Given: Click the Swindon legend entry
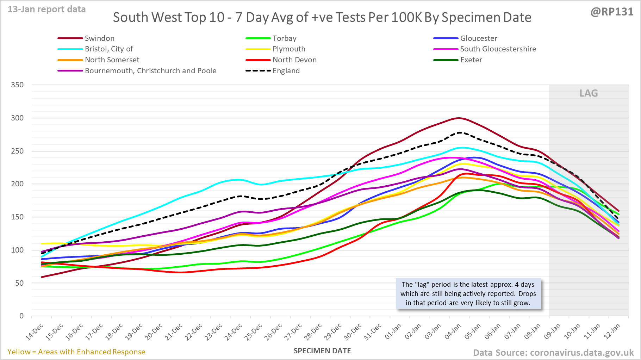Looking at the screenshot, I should click(x=99, y=38).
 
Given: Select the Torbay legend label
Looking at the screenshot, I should click(x=284, y=38).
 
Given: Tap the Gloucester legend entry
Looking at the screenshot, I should click(x=479, y=38).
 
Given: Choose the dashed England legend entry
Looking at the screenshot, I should click(x=286, y=71).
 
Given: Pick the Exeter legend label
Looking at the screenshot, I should click(x=471, y=60).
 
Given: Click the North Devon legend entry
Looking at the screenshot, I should click(x=294, y=60).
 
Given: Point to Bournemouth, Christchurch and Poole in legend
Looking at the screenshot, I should click(x=150, y=71).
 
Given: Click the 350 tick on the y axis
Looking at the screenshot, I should click(x=17, y=85).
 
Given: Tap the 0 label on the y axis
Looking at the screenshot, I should click(x=21, y=316).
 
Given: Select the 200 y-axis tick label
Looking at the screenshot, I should click(x=17, y=184).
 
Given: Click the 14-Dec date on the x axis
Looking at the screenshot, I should click(x=35, y=331).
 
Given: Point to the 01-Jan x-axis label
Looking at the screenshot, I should click(x=393, y=331).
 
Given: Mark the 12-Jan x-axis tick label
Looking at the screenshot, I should click(x=612, y=331).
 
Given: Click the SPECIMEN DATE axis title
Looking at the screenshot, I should click(x=322, y=351).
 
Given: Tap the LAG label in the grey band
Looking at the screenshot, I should click(x=589, y=93).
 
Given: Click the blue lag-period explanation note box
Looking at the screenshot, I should click(x=468, y=294).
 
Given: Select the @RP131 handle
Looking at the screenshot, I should click(x=612, y=12).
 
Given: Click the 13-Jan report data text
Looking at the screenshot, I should click(x=47, y=10).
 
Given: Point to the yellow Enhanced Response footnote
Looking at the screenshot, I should click(x=76, y=352).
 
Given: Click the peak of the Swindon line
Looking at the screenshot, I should click(x=458, y=118).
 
